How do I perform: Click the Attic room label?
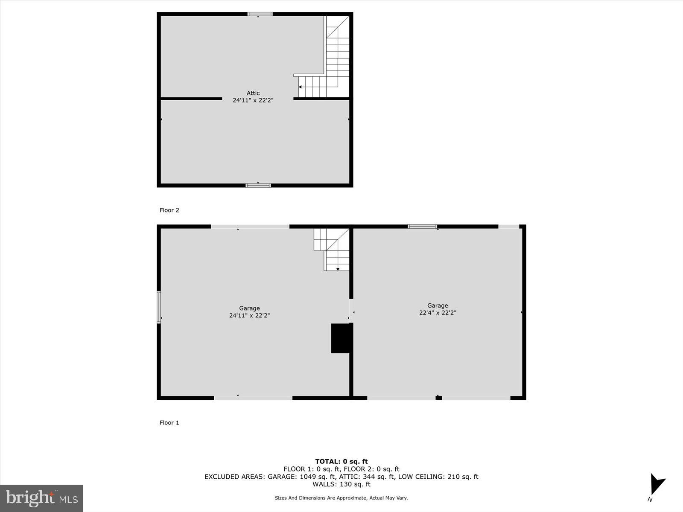pyautogui.click(x=253, y=93)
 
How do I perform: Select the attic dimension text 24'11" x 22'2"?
pyautogui.click(x=253, y=100)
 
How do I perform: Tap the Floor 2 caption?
pyautogui.click(x=169, y=210)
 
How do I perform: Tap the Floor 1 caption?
pyautogui.click(x=169, y=422)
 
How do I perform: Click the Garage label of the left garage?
pyautogui.click(x=249, y=308)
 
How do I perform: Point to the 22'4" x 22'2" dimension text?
pyautogui.click(x=438, y=312)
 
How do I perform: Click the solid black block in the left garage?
pyautogui.click(x=341, y=338)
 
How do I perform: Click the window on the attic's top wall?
pyautogui.click(x=260, y=14)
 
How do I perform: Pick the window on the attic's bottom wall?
pyautogui.click(x=258, y=185)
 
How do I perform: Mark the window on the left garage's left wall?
pyautogui.click(x=159, y=307)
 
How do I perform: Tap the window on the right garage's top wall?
pyautogui.click(x=422, y=227)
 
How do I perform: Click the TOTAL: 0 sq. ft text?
pyautogui.click(x=341, y=461)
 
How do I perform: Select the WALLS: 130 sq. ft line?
pyautogui.click(x=341, y=484)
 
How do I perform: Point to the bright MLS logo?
pyautogui.click(x=41, y=498)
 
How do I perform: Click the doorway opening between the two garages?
pyautogui.click(x=351, y=311)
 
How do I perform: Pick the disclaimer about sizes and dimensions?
pyautogui.click(x=341, y=497)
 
